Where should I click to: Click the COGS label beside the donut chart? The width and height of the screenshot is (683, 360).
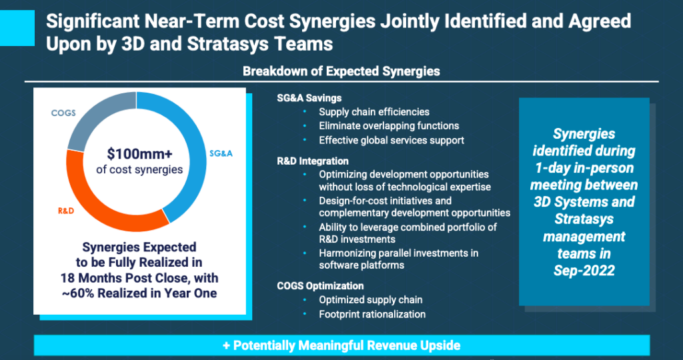click(x=63, y=113)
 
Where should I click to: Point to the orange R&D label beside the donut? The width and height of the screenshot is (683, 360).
click(x=66, y=211)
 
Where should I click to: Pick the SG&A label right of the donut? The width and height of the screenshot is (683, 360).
click(x=221, y=153)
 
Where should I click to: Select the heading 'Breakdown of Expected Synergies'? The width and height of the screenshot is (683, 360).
click(x=341, y=71)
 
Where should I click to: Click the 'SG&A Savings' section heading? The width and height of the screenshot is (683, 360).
click(x=309, y=99)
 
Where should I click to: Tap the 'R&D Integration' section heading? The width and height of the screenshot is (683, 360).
click(x=313, y=161)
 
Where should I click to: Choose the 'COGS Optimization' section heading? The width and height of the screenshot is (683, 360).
click(x=320, y=286)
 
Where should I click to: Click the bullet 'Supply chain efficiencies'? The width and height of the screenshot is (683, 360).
click(x=374, y=112)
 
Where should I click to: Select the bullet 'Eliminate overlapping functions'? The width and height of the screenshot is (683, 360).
click(x=389, y=126)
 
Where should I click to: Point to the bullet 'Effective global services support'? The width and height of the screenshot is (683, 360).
click(x=392, y=140)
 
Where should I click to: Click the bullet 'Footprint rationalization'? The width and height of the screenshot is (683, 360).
click(x=372, y=314)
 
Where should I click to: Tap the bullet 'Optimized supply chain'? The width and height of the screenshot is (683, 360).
click(x=371, y=300)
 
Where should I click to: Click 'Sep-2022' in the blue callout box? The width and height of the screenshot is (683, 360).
click(x=584, y=270)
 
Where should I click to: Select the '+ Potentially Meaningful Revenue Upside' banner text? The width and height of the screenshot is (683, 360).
click(x=341, y=345)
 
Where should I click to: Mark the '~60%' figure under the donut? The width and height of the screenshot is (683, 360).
click(x=79, y=293)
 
